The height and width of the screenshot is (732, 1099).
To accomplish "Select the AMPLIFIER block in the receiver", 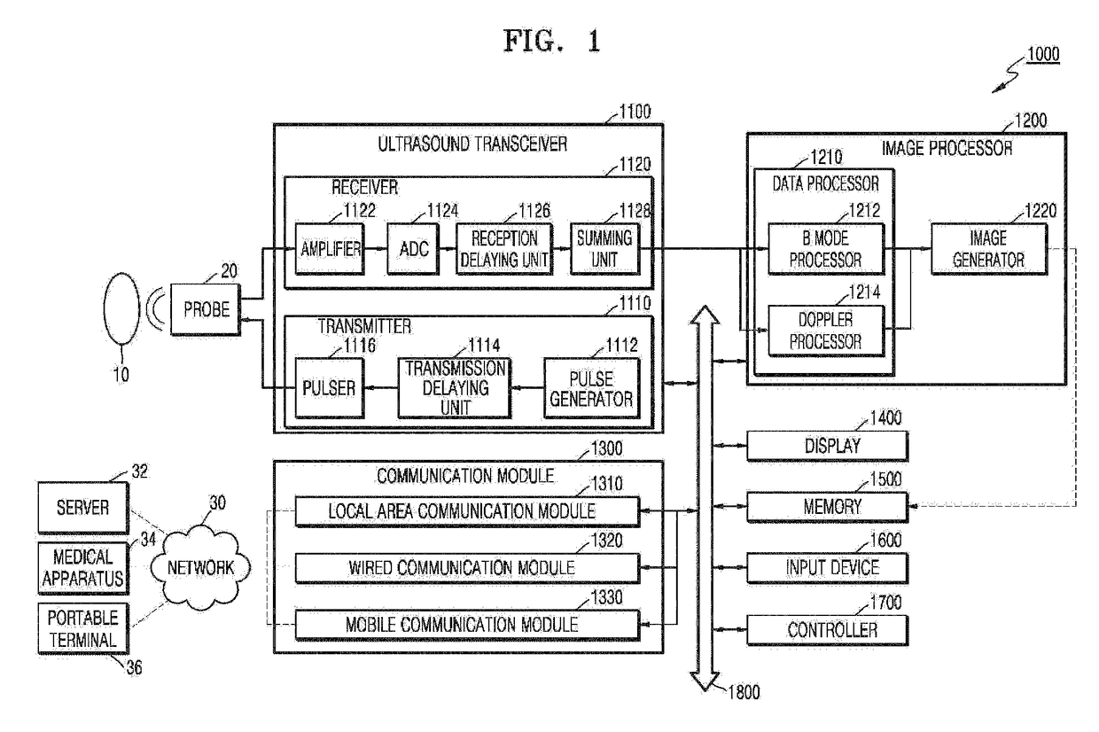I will (x=329, y=249).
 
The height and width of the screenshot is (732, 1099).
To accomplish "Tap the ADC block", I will (x=412, y=249).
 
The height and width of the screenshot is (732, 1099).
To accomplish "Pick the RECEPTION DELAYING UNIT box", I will (x=503, y=249).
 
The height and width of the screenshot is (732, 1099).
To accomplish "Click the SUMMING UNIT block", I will (x=604, y=249).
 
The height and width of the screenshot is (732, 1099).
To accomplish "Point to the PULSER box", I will (x=329, y=387).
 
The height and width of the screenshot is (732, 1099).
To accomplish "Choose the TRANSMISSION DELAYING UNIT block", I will (x=452, y=387).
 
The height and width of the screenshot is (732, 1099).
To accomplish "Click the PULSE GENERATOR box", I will (x=590, y=387).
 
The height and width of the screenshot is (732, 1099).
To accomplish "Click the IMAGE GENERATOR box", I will (x=989, y=249).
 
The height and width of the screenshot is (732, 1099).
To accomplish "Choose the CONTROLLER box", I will (x=828, y=629).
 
